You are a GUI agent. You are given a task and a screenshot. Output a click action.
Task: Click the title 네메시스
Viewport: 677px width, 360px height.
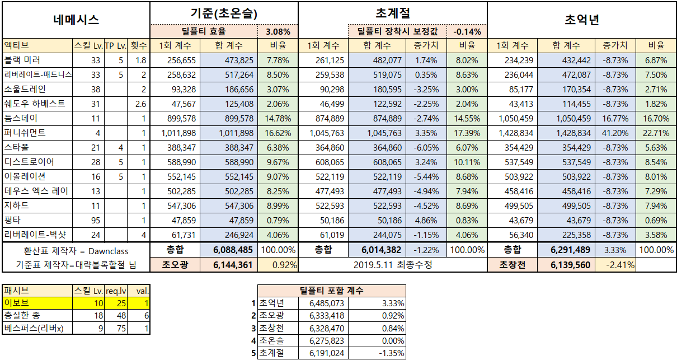[76, 20]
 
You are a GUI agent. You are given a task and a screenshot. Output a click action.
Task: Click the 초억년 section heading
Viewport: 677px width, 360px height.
[582, 20]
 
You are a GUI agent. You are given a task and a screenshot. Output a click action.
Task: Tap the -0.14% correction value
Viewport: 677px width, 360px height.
[467, 32]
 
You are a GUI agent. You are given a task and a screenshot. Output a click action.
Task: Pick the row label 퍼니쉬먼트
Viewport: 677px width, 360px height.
[25, 133]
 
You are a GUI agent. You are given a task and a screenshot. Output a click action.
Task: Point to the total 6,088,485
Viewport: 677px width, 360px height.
[233, 250]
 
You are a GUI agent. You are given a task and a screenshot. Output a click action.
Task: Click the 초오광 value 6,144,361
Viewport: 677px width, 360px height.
[233, 265]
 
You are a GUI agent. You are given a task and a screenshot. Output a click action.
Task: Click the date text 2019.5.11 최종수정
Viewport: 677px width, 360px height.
[392, 265]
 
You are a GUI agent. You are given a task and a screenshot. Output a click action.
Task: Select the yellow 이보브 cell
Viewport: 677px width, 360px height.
[37, 303]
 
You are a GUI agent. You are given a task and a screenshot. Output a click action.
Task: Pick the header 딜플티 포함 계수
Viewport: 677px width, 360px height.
[332, 290]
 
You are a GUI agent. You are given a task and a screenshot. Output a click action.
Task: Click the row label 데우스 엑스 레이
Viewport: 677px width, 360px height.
[36, 191]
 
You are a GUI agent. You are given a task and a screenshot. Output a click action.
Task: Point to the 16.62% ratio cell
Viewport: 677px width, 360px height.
[278, 133]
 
